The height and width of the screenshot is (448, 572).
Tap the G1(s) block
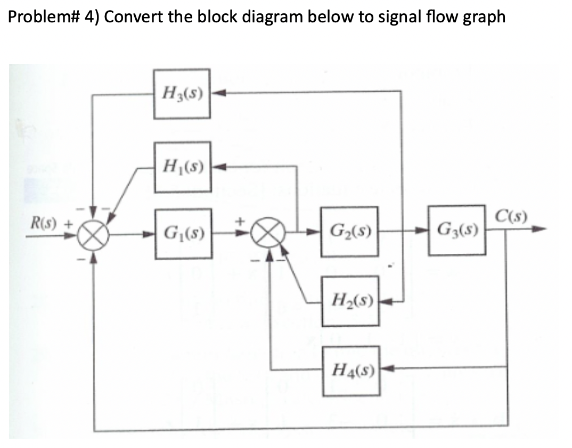click(183, 233)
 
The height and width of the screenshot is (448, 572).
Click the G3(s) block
click(457, 230)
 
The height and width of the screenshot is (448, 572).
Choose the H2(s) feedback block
click(350, 301)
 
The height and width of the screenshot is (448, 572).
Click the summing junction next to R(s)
click(94, 233)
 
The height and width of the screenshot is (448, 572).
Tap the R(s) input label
click(43, 219)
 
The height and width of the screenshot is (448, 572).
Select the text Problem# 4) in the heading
click(53, 16)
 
